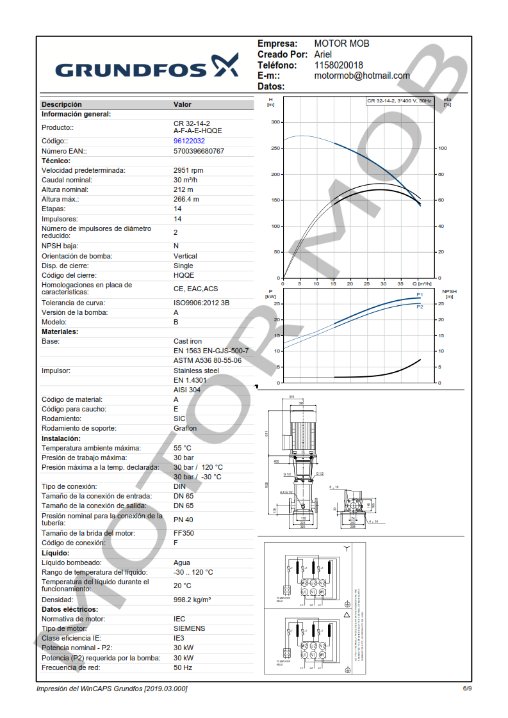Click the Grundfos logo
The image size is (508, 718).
tap(147, 67)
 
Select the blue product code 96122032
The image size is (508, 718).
tap(189, 141)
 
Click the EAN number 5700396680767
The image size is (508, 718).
tap(199, 151)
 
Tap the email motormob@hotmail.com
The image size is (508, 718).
tap(362, 76)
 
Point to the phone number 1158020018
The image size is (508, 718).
tap(338, 65)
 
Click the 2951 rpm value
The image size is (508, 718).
tap(188, 170)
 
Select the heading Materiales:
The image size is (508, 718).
tap(60, 331)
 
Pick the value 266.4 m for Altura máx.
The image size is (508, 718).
tap(186, 199)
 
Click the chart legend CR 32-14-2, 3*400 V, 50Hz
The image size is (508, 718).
tap(399, 101)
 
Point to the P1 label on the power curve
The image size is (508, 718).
tap(420, 294)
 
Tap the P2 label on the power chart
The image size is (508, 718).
tap(420, 307)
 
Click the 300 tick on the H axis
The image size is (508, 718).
tap(275, 122)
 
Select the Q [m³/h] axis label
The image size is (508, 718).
tap(422, 283)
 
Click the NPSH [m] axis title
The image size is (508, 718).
tap(449, 294)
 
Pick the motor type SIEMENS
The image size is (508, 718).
tap(189, 628)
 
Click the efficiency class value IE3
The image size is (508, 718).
tap(179, 638)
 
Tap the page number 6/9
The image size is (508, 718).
tap(467, 689)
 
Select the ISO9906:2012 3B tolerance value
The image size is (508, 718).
tap(202, 303)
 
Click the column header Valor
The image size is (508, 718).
tap(182, 104)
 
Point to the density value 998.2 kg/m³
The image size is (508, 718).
tap(192, 600)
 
